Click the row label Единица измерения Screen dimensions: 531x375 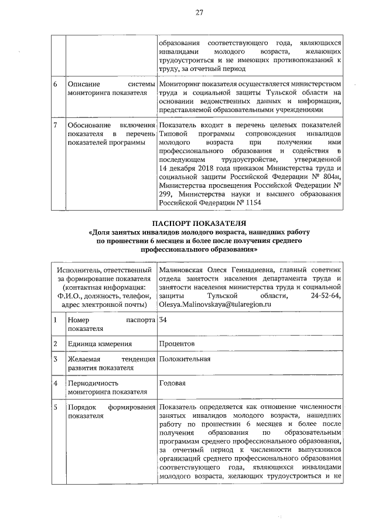point(99,343)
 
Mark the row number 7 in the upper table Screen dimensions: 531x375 point(55,126)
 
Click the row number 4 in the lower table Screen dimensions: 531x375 point(55,383)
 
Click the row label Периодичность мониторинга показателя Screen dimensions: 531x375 point(105,387)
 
